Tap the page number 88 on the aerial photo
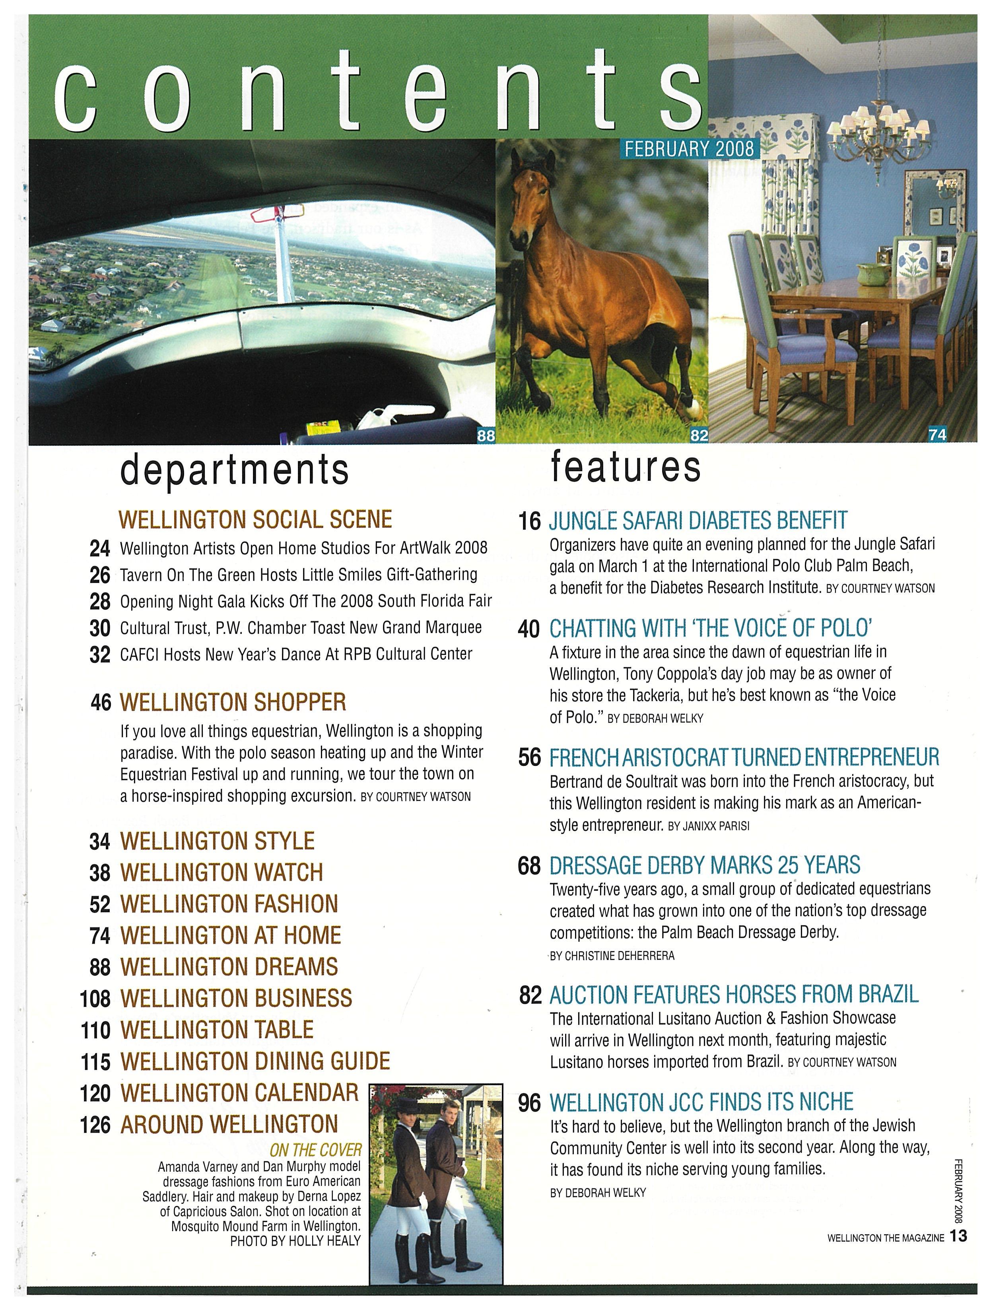point(486,436)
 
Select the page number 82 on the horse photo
point(699,436)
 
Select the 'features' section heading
point(626,467)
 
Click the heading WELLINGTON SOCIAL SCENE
point(255,519)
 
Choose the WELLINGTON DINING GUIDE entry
point(255,1061)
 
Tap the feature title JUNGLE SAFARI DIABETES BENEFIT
point(698,521)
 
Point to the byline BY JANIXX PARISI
point(708,826)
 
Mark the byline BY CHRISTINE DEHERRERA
point(612,955)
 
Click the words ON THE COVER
point(315,1150)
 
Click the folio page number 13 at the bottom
point(958,1236)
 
